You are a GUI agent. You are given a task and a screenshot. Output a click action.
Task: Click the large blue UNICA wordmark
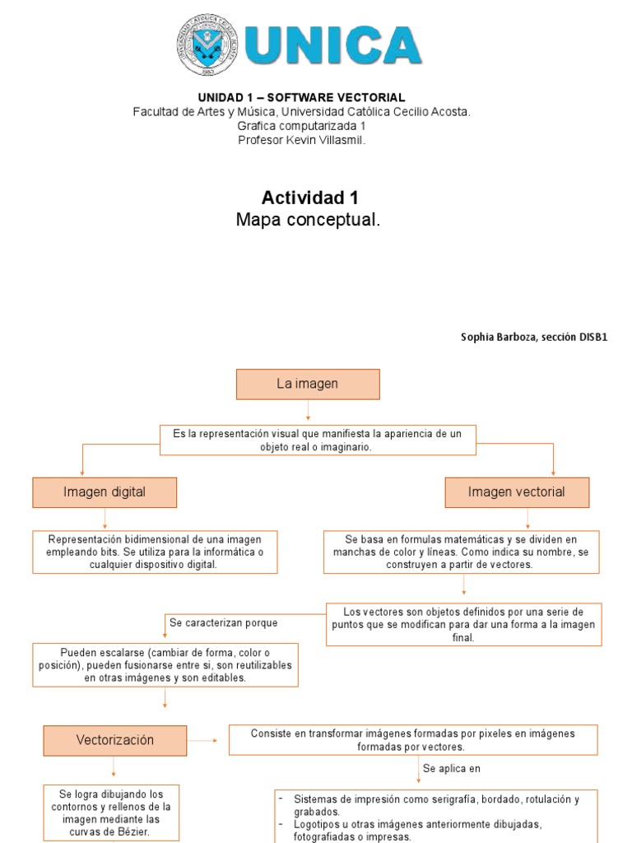click(x=333, y=46)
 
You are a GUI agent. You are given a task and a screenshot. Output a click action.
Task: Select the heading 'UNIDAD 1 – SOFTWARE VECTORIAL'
click(x=301, y=98)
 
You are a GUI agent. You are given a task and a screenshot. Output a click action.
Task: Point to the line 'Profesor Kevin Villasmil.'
click(x=301, y=140)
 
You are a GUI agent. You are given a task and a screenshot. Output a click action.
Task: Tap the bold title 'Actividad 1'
click(x=309, y=198)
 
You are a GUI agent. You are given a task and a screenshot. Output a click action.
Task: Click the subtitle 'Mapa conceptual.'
click(x=309, y=220)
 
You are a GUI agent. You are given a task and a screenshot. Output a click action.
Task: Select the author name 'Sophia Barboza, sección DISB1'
click(x=535, y=338)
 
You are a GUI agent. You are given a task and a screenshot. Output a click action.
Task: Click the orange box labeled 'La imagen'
click(x=308, y=384)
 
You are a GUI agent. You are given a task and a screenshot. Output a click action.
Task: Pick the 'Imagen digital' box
click(x=105, y=492)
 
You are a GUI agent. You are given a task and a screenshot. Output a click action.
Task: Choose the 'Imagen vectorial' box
click(x=517, y=492)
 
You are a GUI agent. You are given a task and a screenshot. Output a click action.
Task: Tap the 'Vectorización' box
click(x=115, y=740)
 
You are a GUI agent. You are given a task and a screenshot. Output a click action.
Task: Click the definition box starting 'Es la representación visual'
click(x=318, y=440)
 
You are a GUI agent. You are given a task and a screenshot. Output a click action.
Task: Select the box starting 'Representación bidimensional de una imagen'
click(x=155, y=552)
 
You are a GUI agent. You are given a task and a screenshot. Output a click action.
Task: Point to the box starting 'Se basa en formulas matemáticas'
click(x=461, y=552)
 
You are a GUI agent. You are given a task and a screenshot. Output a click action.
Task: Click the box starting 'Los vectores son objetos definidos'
click(x=463, y=624)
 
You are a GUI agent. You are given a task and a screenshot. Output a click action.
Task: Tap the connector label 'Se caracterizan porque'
click(x=224, y=623)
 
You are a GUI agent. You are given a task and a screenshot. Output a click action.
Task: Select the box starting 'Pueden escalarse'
click(x=165, y=664)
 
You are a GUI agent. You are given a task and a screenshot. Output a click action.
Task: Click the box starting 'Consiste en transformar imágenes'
click(x=412, y=739)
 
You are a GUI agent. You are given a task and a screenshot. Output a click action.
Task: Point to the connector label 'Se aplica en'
click(x=451, y=769)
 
